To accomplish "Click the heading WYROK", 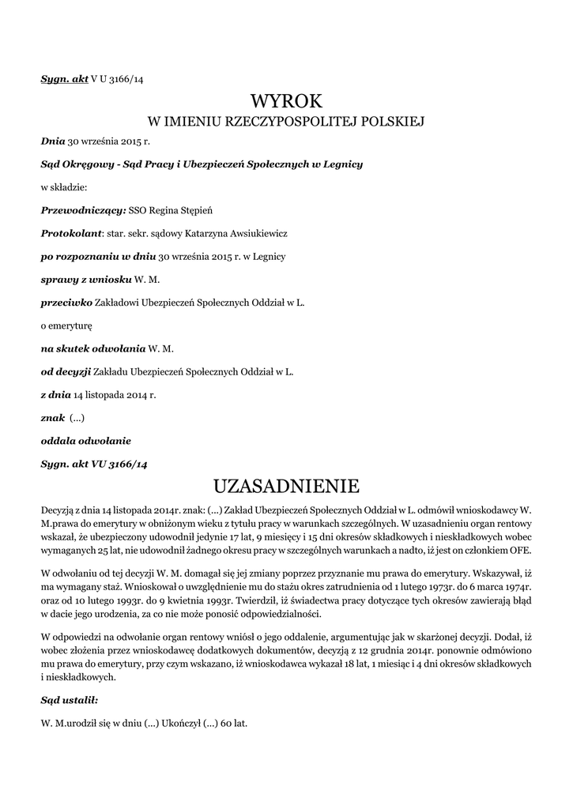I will pyautogui.click(x=287, y=101).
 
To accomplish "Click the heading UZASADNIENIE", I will pyautogui.click(x=287, y=484).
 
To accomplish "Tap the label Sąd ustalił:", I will pyautogui.click(x=70, y=700).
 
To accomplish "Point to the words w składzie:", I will pyautogui.click(x=64, y=187).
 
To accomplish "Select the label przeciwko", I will pyautogui.click(x=66, y=302).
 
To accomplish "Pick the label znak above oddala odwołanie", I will pyautogui.click(x=52, y=417).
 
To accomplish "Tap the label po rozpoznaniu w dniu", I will pyautogui.click(x=99, y=256).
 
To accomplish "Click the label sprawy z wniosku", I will pyautogui.click(x=86, y=279).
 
